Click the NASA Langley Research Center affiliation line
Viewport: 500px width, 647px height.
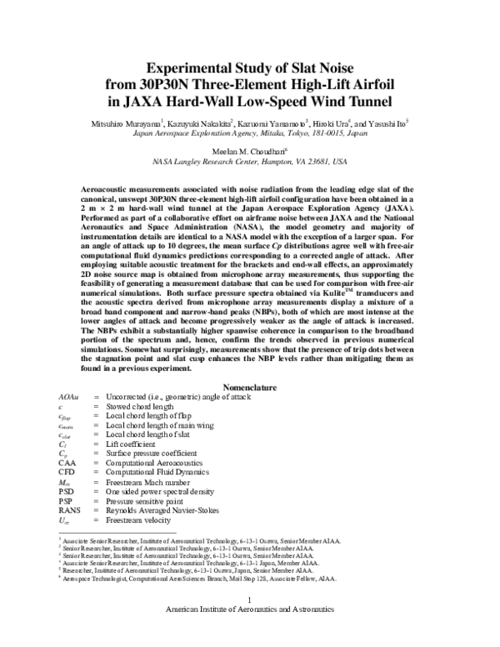250,160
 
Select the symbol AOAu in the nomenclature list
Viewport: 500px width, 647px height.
68,397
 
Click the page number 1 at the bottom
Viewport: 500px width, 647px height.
250,623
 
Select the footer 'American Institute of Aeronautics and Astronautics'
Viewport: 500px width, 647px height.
250,633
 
